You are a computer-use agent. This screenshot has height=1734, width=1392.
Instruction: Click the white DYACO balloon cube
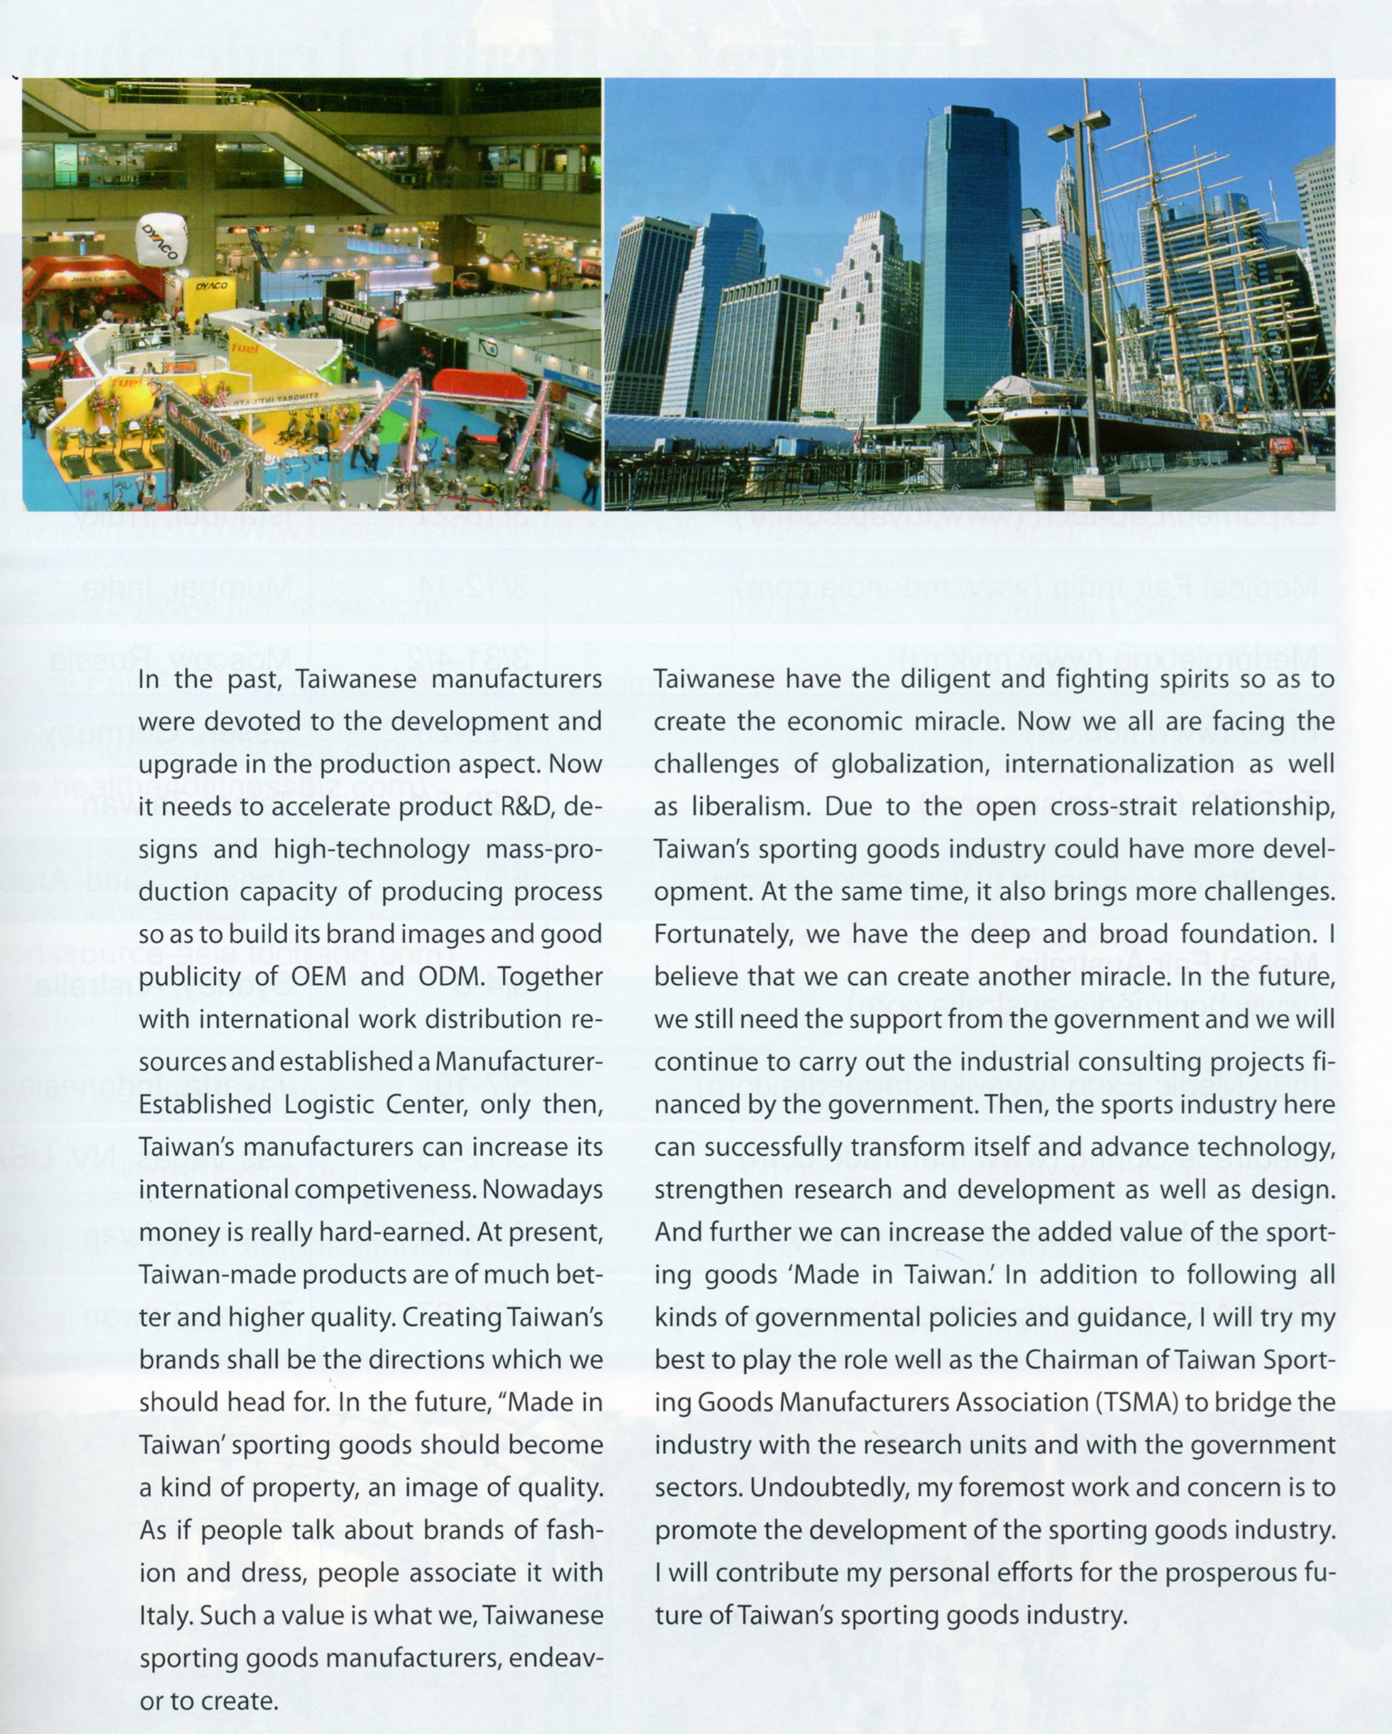(162, 239)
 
